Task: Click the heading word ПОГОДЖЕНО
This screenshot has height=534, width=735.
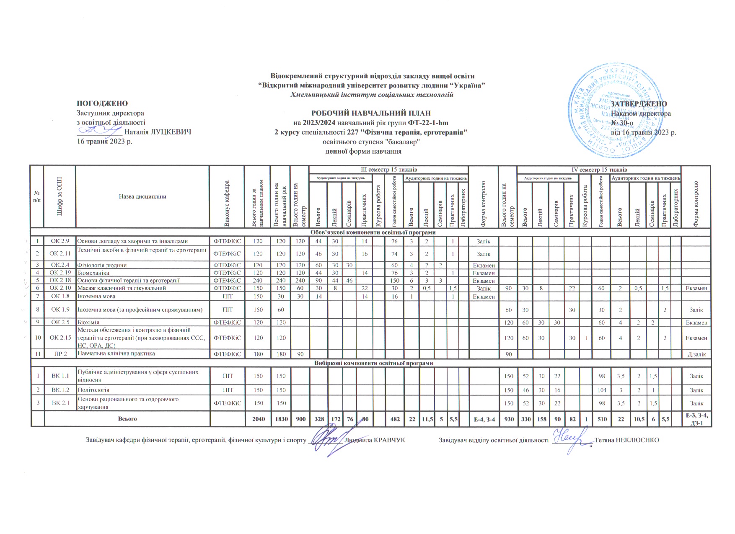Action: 102,103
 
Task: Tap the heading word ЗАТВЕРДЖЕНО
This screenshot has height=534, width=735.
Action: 639,104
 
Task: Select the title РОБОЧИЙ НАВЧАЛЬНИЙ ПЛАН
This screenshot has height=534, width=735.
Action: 371,113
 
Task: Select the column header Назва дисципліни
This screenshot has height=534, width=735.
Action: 142,196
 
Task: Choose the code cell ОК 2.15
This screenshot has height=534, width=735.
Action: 60,338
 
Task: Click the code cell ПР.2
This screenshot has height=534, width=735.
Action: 60,354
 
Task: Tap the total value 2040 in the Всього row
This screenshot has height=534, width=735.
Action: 257,419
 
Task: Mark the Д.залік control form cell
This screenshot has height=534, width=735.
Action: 696,354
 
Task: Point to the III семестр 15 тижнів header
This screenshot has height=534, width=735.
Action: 388,170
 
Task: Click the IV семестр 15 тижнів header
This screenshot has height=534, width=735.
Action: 599,170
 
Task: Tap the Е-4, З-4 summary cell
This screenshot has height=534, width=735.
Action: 484,419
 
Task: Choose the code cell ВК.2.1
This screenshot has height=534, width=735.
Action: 60,403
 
